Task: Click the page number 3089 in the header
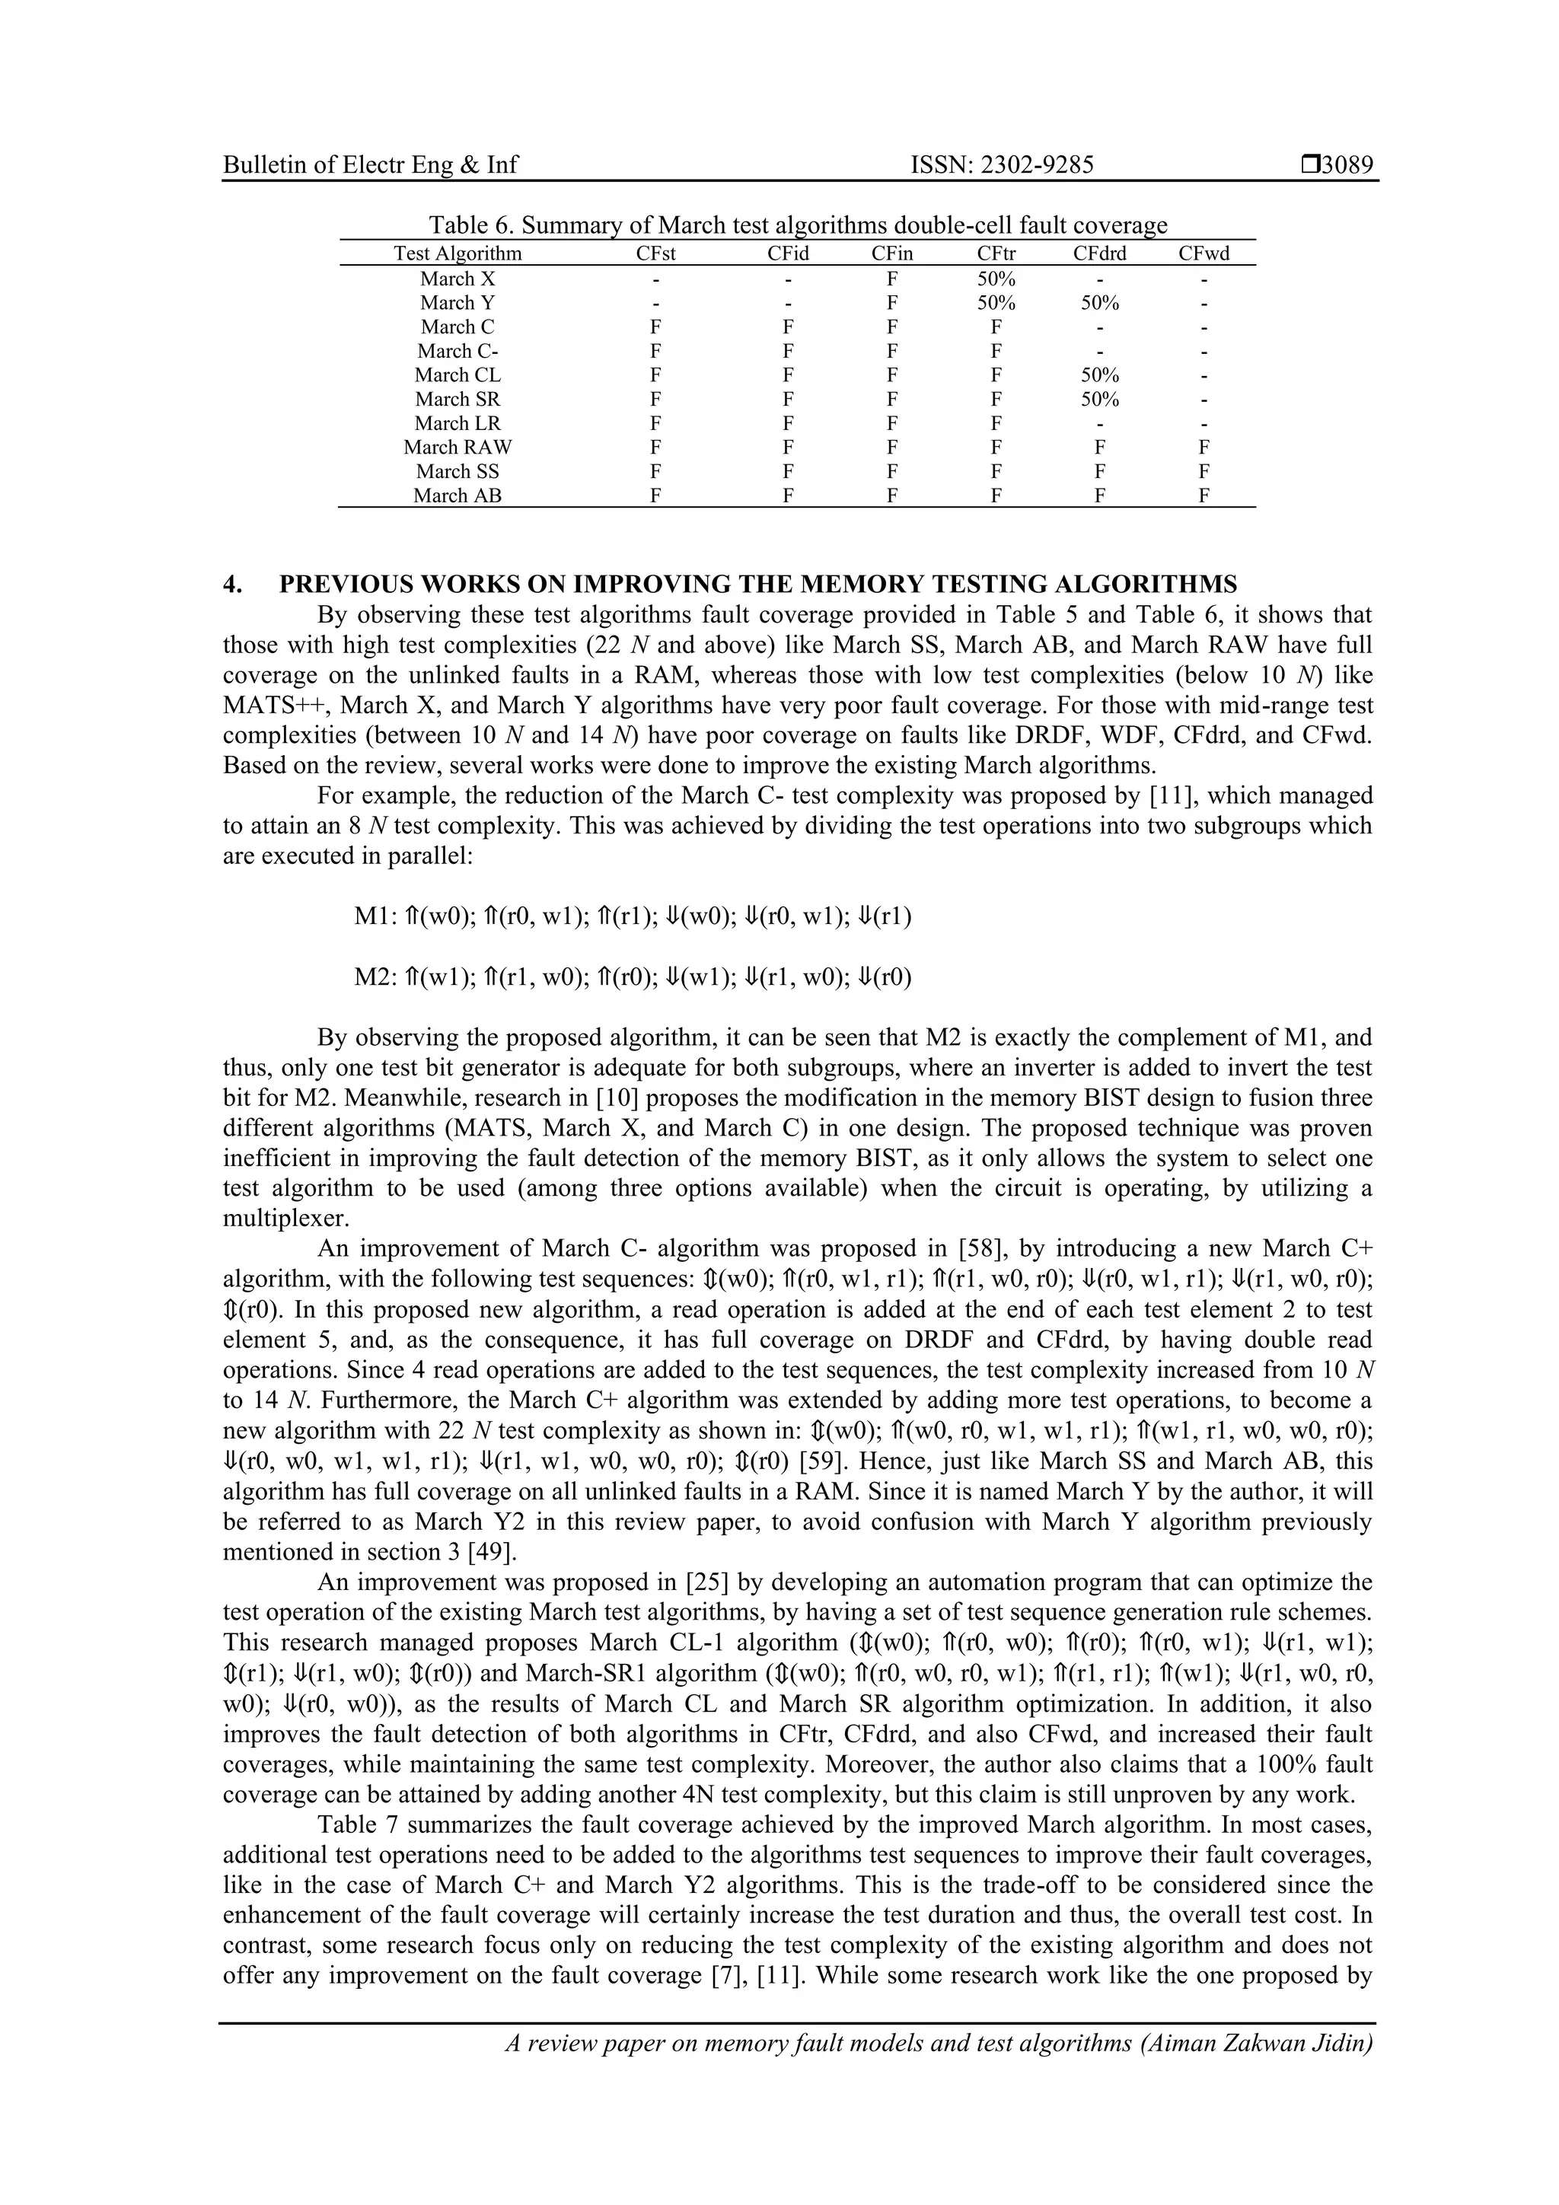1347,165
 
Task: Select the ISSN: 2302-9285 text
1001,165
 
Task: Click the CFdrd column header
1099,253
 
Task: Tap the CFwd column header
1204,253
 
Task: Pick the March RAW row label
457,447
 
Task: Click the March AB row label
457,495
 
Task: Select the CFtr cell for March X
996,279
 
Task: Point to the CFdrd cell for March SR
1099,399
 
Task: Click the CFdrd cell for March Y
1099,302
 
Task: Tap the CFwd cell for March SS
1204,472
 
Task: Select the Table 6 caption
797,226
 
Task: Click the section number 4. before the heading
231,584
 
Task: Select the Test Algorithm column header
457,253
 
